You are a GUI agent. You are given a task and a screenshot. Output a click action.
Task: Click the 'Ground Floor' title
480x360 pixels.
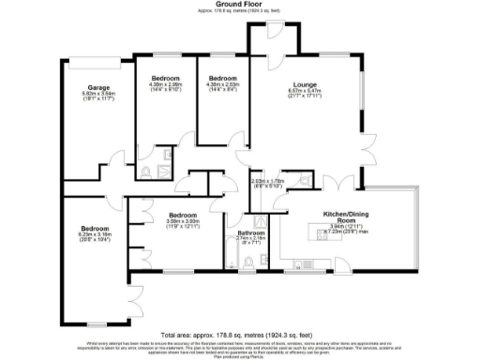(240, 4)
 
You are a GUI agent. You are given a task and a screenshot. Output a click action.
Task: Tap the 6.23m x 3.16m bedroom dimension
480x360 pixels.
(95, 235)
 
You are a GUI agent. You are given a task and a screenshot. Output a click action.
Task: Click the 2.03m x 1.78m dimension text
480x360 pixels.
(267, 183)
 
